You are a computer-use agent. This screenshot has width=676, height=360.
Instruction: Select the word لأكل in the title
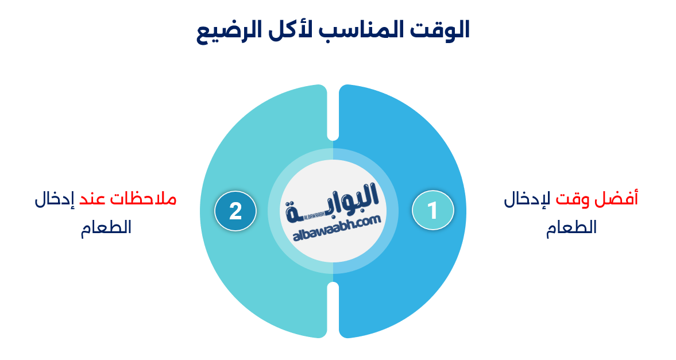(290, 30)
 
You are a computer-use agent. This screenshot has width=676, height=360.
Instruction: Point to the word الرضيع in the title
(229, 31)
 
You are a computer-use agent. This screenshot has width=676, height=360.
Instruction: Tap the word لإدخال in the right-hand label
(527, 199)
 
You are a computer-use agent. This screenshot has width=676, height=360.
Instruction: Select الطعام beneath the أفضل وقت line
(571, 227)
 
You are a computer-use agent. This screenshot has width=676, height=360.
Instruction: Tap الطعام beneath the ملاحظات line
(106, 227)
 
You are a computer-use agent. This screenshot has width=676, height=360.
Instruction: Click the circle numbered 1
(433, 210)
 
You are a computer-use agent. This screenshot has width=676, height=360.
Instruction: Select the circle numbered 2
(235, 210)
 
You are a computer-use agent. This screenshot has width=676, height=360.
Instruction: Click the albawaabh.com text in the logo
(337, 228)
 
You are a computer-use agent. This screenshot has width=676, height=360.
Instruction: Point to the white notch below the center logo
(333, 309)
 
